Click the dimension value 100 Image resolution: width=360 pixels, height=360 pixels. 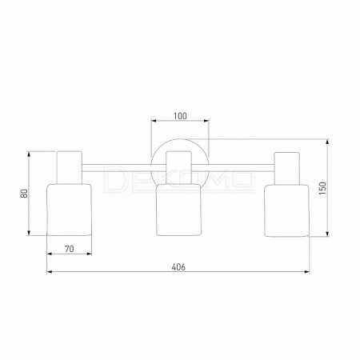tap(180, 116)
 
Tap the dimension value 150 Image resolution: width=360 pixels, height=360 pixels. tap(322, 188)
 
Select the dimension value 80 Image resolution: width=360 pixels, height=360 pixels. tap(24, 194)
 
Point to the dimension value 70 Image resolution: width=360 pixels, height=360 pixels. tap(70, 249)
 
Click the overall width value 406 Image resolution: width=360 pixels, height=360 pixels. tap(178, 267)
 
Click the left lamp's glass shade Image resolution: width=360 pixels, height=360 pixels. tap(70, 210)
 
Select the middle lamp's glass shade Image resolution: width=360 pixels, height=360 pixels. tap(178, 210)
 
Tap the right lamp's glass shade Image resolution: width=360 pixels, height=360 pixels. tap(287, 210)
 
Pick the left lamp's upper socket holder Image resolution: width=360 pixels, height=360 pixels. tap(70, 167)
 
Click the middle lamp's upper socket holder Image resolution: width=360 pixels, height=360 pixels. tap(178, 168)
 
